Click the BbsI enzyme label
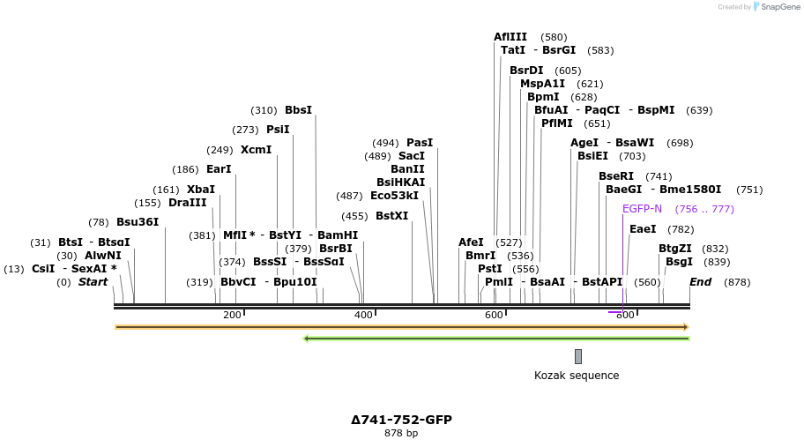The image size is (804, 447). pos(298,110)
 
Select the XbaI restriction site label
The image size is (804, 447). pos(200,189)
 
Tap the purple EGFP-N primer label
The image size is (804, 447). pos(642,209)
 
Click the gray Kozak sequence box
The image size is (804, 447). pos(578,356)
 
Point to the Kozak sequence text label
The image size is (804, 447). pos(577,376)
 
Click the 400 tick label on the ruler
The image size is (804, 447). pos(363,315)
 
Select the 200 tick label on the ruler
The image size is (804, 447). pos(232,315)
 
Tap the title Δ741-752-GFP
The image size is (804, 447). pos(401,420)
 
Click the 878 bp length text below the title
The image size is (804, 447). pos(401,433)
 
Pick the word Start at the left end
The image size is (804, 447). pos(93,282)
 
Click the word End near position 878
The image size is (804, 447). pos(700,282)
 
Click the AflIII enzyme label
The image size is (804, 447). pos(510,37)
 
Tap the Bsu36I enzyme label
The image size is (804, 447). pos(138,221)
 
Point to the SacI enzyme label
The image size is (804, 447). pos(412,156)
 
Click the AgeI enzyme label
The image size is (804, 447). pos(584,142)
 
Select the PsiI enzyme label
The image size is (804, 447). pos(278,129)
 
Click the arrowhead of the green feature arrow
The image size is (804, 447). pos(307,338)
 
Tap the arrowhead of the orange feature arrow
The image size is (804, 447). pos(685,327)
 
